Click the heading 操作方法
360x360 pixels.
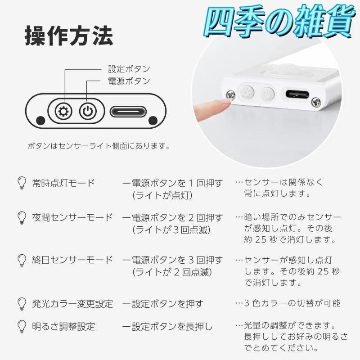[68, 36]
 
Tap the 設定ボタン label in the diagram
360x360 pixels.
[129, 69]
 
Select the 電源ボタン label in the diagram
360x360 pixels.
[129, 81]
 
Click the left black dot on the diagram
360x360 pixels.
[40, 120]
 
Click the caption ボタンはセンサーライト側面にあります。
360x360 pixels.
[99, 146]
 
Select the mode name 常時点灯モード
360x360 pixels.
[63, 183]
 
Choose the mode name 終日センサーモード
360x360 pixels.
[72, 260]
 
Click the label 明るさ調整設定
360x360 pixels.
[63, 325]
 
